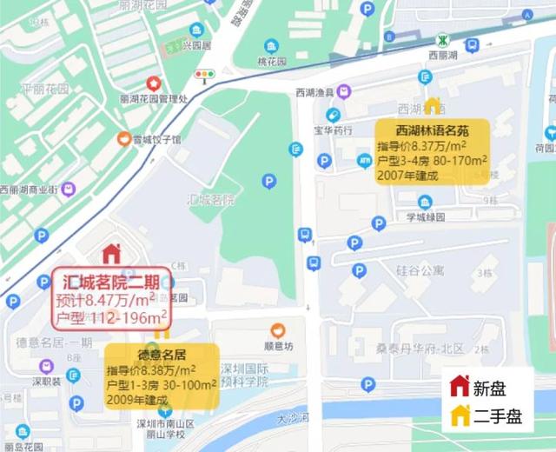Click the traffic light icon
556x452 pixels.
pyautogui.click(x=205, y=76)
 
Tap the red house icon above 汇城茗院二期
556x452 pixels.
pyautogui.click(x=111, y=254)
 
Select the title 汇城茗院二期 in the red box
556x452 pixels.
pyautogui.click(x=112, y=282)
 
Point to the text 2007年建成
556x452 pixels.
pyautogui.click(x=407, y=176)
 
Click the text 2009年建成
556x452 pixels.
pyautogui.click(x=137, y=400)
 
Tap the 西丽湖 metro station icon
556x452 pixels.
pyautogui.click(x=443, y=40)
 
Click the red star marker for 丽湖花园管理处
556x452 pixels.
pyautogui.click(x=154, y=83)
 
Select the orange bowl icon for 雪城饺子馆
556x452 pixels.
pyautogui.click(x=125, y=138)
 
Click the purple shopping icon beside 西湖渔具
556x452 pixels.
pyautogui.click(x=344, y=90)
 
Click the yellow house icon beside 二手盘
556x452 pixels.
pyautogui.click(x=460, y=415)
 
